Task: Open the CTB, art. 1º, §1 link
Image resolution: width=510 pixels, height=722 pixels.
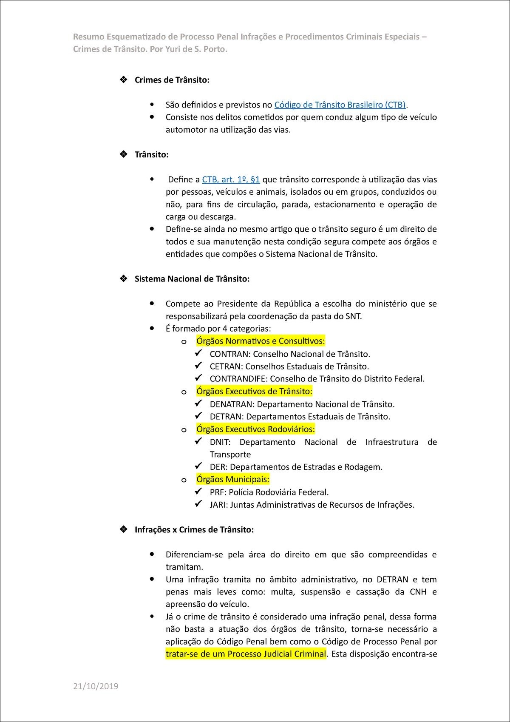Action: coord(231,179)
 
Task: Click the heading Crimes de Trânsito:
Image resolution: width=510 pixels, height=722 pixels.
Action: coord(172,80)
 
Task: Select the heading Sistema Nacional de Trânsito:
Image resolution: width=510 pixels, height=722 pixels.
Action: coord(192,279)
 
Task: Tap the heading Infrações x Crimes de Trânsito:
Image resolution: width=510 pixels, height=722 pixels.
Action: coord(194,530)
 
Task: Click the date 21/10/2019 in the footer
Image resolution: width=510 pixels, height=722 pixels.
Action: coord(96,686)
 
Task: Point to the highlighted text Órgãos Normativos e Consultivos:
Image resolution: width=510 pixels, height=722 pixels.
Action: coord(261,341)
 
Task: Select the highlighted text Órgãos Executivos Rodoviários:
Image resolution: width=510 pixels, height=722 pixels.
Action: coord(255,429)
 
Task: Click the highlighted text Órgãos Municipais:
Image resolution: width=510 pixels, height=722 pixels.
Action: coord(232,479)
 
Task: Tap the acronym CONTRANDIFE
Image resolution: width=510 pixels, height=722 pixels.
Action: coord(238,379)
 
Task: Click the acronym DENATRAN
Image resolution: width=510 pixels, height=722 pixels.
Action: coord(231,404)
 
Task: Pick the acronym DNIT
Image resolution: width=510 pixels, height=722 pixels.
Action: coord(219,442)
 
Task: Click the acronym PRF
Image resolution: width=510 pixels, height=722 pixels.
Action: coord(217,492)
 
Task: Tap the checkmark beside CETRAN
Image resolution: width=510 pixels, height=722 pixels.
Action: coord(198,366)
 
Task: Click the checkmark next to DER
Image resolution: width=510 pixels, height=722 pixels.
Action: coord(198,466)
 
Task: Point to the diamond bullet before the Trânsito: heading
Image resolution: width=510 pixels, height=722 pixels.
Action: coord(124,154)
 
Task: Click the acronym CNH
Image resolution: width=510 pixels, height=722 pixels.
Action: coord(418,592)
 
